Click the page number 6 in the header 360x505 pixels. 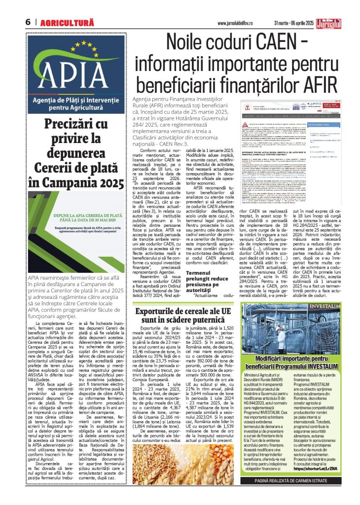pyautogui.click(x=28, y=22)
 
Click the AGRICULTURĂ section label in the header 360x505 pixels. pyautogui.click(x=67, y=22)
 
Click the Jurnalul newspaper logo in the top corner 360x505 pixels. pyautogui.click(x=341, y=20)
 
